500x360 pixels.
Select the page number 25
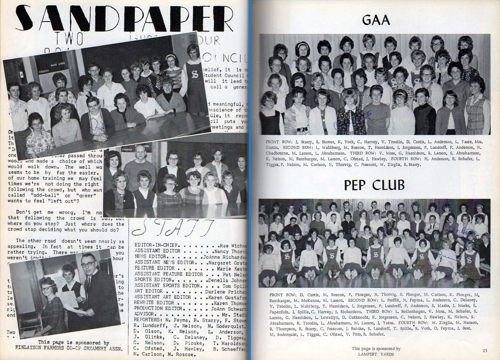tap(485, 350)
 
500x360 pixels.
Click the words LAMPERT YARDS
tap(376, 354)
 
